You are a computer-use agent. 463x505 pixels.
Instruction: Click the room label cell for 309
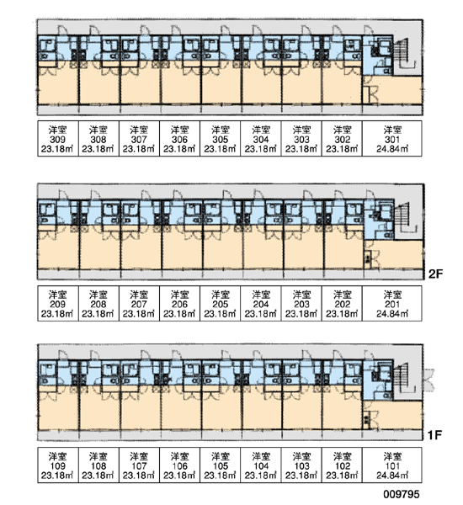pyautogui.click(x=58, y=139)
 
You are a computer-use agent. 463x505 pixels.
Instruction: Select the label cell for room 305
pyautogui.click(x=220, y=139)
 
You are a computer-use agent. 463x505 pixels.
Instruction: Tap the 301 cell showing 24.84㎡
pyautogui.click(x=392, y=139)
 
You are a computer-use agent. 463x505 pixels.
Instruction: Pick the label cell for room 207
pyautogui.click(x=139, y=303)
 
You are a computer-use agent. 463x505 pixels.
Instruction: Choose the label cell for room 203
pyautogui.click(x=301, y=303)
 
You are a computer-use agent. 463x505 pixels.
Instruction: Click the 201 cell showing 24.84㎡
pyautogui.click(x=392, y=303)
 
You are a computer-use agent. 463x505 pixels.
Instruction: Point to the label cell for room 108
pyautogui.click(x=98, y=465)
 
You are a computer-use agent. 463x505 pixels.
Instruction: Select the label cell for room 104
pyautogui.click(x=261, y=465)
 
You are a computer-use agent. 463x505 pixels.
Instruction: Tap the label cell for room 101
pyautogui.click(x=392, y=465)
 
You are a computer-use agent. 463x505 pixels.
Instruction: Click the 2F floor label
pyautogui.click(x=435, y=274)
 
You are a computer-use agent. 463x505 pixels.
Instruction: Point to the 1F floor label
pyautogui.click(x=434, y=435)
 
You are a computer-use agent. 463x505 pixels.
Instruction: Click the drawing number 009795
pyautogui.click(x=402, y=494)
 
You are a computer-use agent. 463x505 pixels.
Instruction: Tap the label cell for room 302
pyautogui.click(x=342, y=139)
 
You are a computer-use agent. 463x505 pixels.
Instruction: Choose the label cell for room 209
pyautogui.click(x=58, y=303)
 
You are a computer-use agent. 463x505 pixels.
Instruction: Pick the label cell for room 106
pyautogui.click(x=180, y=465)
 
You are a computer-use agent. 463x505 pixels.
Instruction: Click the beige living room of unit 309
pyautogui.click(x=58, y=85)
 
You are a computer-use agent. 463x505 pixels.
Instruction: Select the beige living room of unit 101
pyautogui.click(x=396, y=415)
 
